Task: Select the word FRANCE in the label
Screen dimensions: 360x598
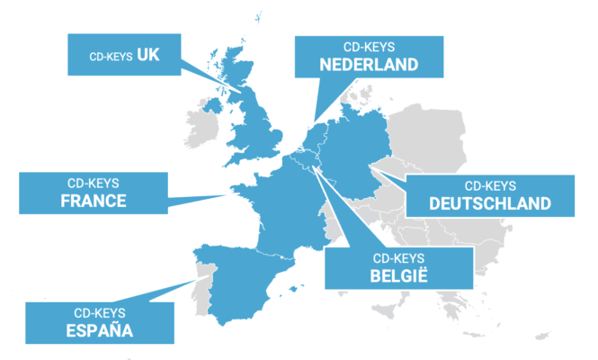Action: click(94, 201)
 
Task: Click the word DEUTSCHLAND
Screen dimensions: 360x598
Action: click(490, 203)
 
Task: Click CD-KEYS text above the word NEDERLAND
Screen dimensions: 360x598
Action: click(369, 46)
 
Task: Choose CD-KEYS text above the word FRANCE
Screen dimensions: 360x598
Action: click(94, 183)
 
